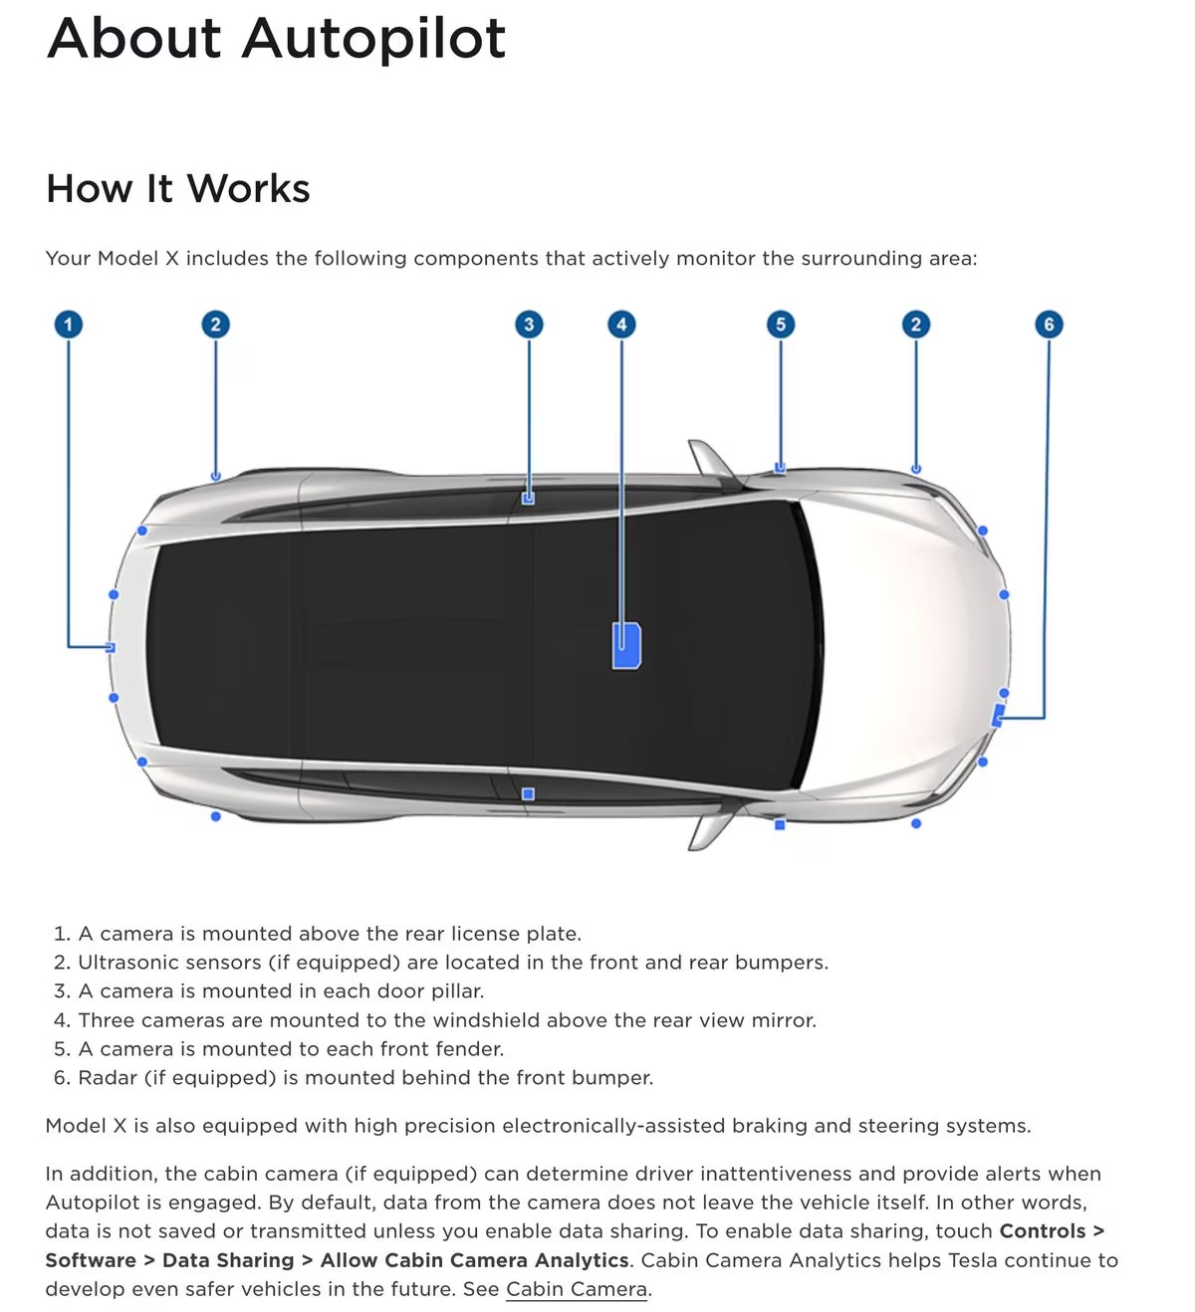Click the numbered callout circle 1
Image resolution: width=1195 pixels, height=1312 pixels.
(x=68, y=325)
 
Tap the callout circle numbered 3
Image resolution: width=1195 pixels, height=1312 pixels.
(x=529, y=325)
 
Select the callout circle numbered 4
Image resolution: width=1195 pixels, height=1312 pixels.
(x=621, y=325)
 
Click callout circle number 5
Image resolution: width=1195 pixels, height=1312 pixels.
(x=781, y=325)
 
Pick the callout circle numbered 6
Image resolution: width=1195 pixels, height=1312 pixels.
(x=1049, y=325)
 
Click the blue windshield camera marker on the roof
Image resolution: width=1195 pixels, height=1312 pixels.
(x=625, y=646)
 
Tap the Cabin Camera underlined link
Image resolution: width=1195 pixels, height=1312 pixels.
(x=577, y=1289)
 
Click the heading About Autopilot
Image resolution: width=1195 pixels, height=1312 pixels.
(x=276, y=39)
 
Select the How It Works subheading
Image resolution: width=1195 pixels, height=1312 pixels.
(x=178, y=188)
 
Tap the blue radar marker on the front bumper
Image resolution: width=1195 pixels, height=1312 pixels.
(x=999, y=715)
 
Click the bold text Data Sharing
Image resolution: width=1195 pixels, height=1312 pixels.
(x=228, y=1260)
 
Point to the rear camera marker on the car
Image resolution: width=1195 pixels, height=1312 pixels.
(x=111, y=647)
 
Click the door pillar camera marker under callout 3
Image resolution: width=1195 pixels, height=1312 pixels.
(x=528, y=498)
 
